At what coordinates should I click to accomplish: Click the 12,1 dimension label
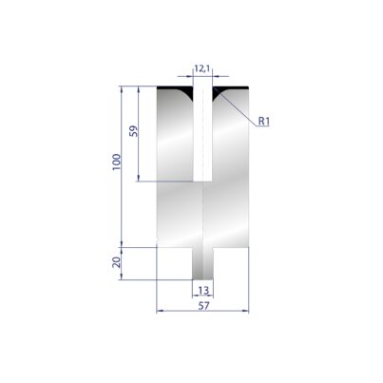[x=203, y=68]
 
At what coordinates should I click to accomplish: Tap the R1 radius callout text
[x=263, y=121]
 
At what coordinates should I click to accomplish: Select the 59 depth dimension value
[x=134, y=131]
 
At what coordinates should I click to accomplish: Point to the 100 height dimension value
[x=117, y=162]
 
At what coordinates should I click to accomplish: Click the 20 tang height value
[x=117, y=262]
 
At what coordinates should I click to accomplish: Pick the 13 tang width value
[x=203, y=290]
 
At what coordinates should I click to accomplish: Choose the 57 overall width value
[x=203, y=306]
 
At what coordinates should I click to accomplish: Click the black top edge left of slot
[x=175, y=87]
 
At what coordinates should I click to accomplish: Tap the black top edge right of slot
[x=231, y=87]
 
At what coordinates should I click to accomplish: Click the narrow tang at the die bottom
[x=202, y=263]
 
